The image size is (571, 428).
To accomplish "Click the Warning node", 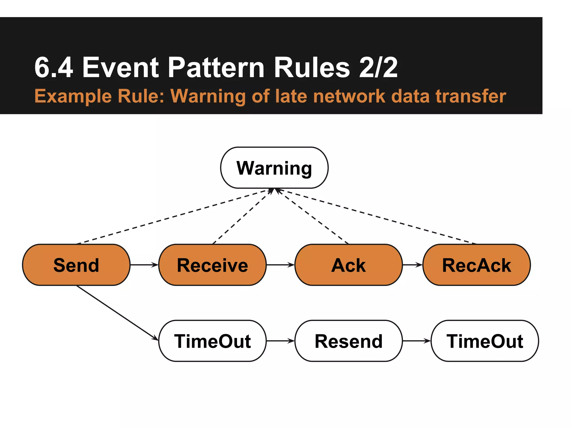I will click(274, 168).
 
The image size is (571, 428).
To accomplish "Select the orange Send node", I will click(76, 265).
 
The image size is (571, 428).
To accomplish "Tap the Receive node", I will click(212, 265).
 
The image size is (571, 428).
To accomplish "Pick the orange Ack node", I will click(349, 265).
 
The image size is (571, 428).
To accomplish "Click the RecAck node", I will click(476, 265).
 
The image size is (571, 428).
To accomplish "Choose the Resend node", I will click(349, 341).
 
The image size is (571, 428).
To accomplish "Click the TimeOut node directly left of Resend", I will click(212, 341).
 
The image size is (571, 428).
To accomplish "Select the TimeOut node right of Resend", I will click(485, 341).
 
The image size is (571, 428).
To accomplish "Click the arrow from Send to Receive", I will click(144, 265).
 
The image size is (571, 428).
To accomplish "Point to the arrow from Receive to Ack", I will click(280, 265).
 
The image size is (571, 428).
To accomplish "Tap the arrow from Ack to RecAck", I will click(413, 265).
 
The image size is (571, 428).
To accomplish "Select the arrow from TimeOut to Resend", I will click(280, 341).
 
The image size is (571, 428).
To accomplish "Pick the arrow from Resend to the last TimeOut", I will click(417, 341).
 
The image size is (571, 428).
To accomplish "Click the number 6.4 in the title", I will click(54, 67).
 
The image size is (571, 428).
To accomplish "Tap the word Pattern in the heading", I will click(216, 67).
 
